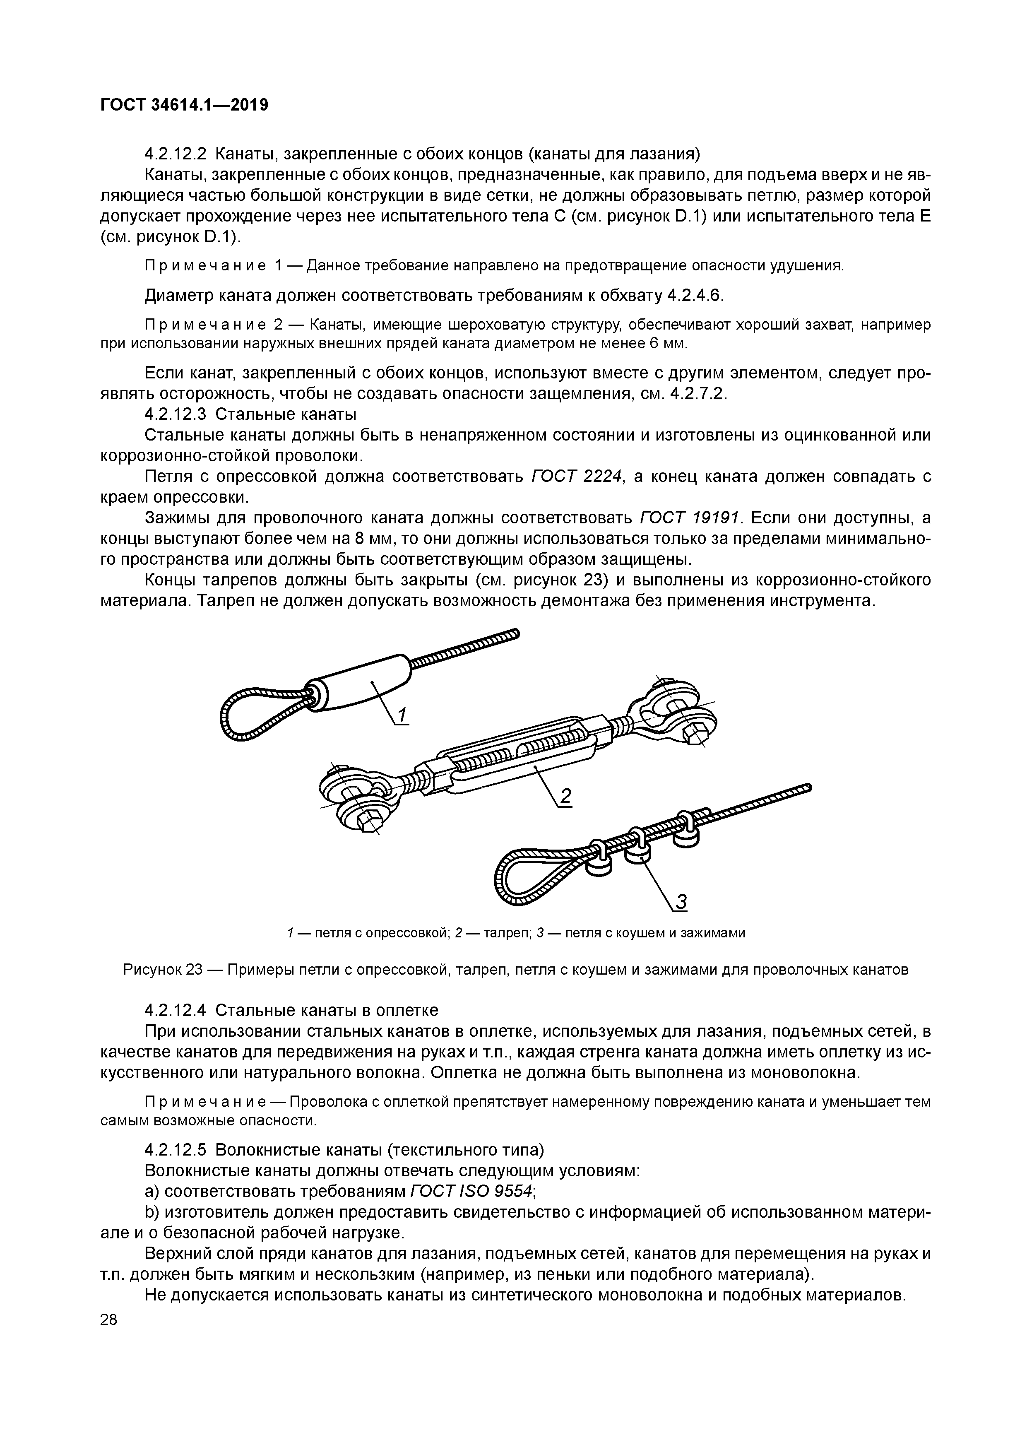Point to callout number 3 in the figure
681,903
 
